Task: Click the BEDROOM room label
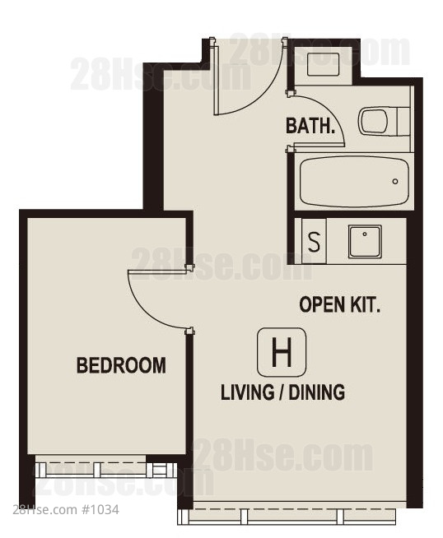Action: [121, 365]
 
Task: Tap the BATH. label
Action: [310, 126]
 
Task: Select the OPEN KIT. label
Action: [339, 304]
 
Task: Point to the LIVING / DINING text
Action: [282, 392]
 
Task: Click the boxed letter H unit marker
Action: [282, 352]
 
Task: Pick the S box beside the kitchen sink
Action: [314, 242]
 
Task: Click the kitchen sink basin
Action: [365, 241]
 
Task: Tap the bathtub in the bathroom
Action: [354, 182]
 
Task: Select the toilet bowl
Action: [373, 121]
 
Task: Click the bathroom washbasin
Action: [323, 64]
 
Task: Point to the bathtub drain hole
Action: [395, 182]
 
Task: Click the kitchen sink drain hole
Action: [364, 234]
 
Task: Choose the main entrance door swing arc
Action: [262, 95]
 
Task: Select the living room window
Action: [287, 517]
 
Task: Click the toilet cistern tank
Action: [403, 122]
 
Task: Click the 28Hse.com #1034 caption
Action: [66, 510]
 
